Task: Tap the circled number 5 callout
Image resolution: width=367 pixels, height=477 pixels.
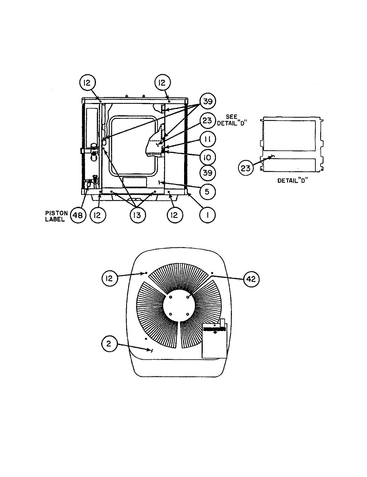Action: [207, 191]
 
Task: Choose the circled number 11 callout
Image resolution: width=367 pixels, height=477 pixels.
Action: [207, 140]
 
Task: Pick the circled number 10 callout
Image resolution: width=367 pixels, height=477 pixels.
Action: [207, 157]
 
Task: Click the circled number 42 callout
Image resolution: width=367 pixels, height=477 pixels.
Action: [251, 279]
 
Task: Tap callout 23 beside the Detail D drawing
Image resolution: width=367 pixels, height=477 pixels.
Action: [246, 168]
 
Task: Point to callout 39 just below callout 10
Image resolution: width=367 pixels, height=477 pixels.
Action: [207, 173]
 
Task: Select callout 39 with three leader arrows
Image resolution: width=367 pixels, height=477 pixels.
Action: [207, 102]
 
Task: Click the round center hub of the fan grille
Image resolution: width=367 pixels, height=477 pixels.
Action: [179, 306]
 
